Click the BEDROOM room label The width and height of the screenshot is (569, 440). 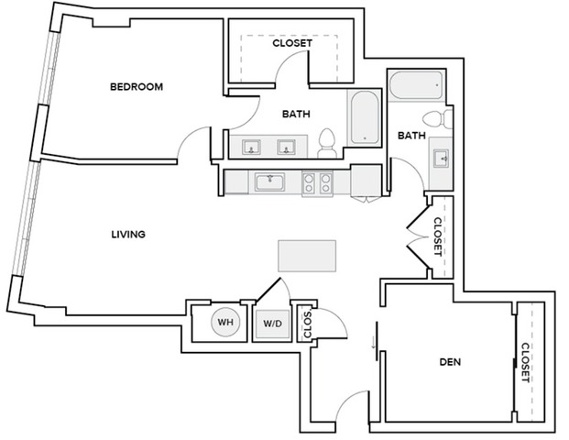pyautogui.click(x=137, y=87)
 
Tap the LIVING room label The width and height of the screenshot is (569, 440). pyautogui.click(x=128, y=235)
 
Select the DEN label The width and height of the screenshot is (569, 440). pyautogui.click(x=449, y=362)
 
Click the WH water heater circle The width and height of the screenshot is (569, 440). pyautogui.click(x=224, y=323)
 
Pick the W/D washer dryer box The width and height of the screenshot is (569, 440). pyautogui.click(x=272, y=324)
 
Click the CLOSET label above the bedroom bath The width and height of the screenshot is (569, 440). pyautogui.click(x=292, y=43)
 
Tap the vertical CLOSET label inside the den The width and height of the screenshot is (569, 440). pyautogui.click(x=526, y=362)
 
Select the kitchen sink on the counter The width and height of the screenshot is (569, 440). pyautogui.click(x=270, y=181)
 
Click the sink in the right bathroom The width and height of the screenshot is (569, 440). pyautogui.click(x=442, y=157)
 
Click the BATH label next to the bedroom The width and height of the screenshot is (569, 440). pyautogui.click(x=295, y=115)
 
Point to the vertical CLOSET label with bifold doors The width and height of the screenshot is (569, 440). pyautogui.click(x=438, y=235)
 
